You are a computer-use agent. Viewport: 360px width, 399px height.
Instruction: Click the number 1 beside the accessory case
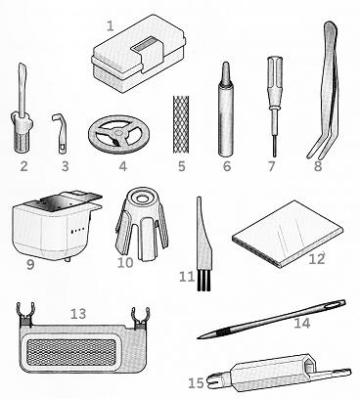click(x=111, y=26)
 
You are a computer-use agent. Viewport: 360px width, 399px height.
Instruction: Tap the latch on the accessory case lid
click(x=148, y=53)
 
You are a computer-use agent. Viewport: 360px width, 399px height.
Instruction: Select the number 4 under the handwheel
click(x=122, y=166)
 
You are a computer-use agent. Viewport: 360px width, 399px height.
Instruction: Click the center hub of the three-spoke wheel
click(x=118, y=133)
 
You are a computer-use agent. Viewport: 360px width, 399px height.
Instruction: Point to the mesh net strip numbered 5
click(x=180, y=124)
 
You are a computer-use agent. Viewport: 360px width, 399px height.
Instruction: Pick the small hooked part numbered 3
click(x=61, y=133)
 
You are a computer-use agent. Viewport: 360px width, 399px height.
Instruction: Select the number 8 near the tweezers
click(x=318, y=166)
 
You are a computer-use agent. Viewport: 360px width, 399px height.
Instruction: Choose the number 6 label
click(x=227, y=166)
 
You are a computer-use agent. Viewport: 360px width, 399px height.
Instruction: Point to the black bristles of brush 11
click(x=203, y=282)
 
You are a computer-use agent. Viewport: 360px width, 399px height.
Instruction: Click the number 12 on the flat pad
click(x=317, y=259)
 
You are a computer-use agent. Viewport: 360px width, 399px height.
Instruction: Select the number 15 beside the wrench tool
click(x=196, y=383)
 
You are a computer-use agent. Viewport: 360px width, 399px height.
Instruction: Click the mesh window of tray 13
click(x=71, y=352)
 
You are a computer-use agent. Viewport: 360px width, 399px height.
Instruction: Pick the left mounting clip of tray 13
click(x=25, y=314)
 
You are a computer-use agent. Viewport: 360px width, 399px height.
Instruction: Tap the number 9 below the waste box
click(x=30, y=264)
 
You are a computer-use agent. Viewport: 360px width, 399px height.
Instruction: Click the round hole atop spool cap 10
click(x=142, y=198)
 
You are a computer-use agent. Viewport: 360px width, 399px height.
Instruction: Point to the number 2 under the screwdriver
click(x=23, y=166)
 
